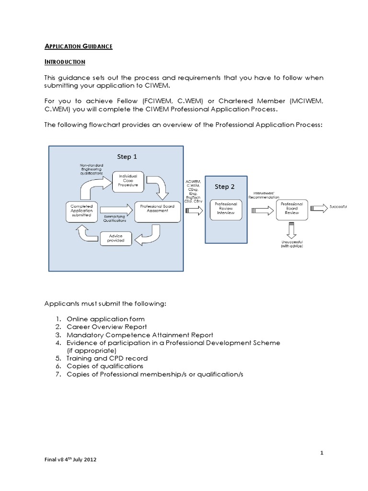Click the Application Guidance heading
coord(79,46)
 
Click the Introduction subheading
coord(65,62)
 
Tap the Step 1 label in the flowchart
coord(127,156)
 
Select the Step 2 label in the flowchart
coord(225,187)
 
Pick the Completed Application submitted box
coord(81,211)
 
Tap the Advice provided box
coord(116,238)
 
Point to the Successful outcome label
coord(338,207)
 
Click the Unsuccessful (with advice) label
coord(292,244)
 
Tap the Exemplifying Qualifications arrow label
coord(115,219)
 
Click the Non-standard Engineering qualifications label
coord(91,170)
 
